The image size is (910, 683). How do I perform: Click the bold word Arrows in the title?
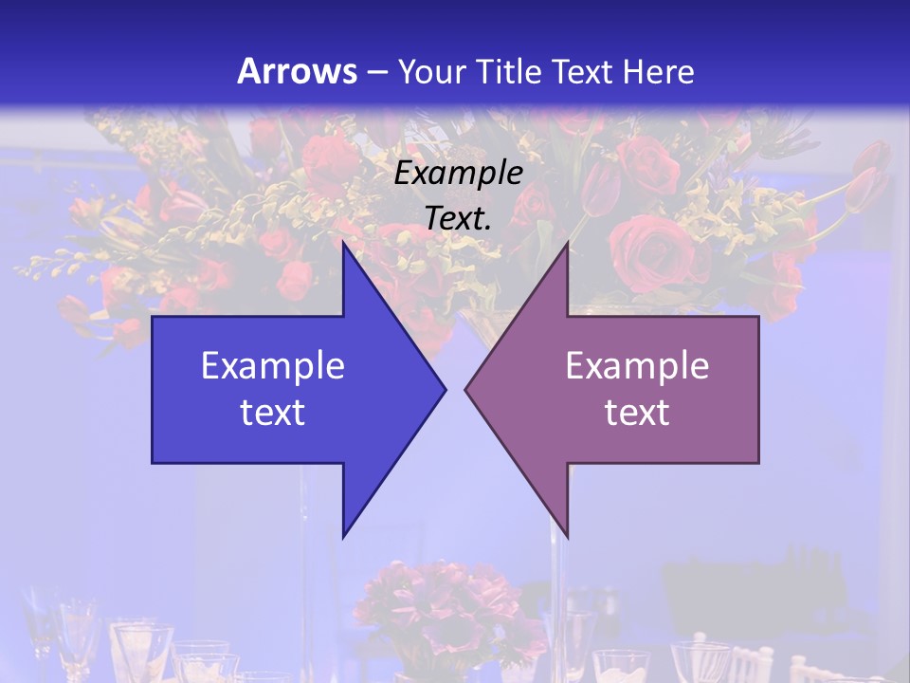(x=297, y=71)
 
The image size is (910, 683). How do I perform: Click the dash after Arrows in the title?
(x=376, y=72)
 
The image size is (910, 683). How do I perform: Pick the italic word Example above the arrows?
(x=459, y=174)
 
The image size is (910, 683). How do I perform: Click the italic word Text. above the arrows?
(x=459, y=218)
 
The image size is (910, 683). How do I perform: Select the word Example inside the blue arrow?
(x=273, y=366)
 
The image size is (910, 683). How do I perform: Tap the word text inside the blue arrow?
(x=273, y=413)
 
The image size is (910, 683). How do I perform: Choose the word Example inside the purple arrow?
(x=637, y=366)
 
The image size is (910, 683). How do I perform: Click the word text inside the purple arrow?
(x=637, y=413)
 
